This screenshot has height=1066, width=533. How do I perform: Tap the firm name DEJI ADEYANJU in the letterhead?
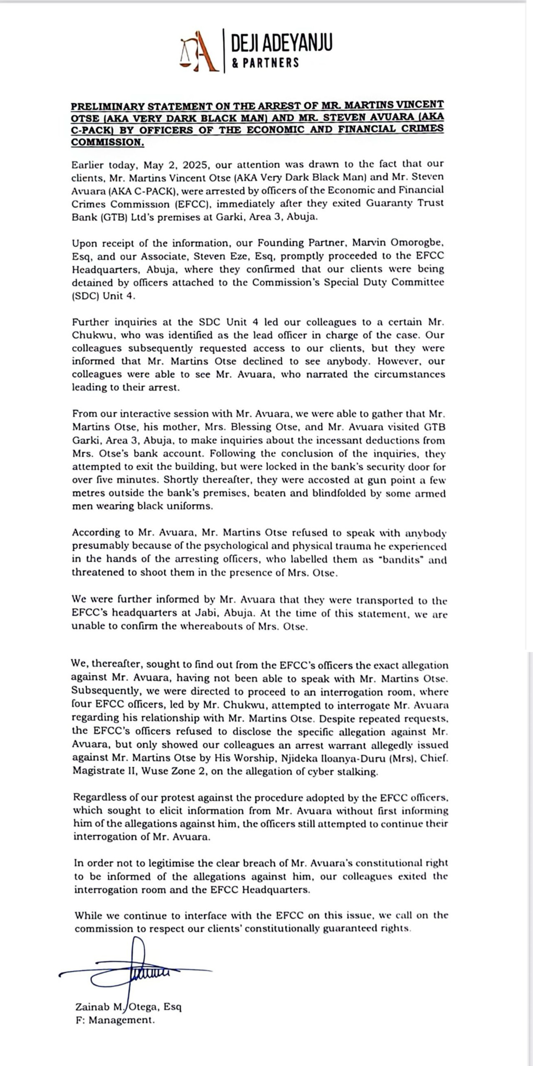[281, 43]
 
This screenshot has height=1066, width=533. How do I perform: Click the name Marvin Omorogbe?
[398, 243]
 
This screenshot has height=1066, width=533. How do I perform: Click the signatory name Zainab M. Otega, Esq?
[128, 1007]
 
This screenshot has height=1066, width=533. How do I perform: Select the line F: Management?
[115, 1020]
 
